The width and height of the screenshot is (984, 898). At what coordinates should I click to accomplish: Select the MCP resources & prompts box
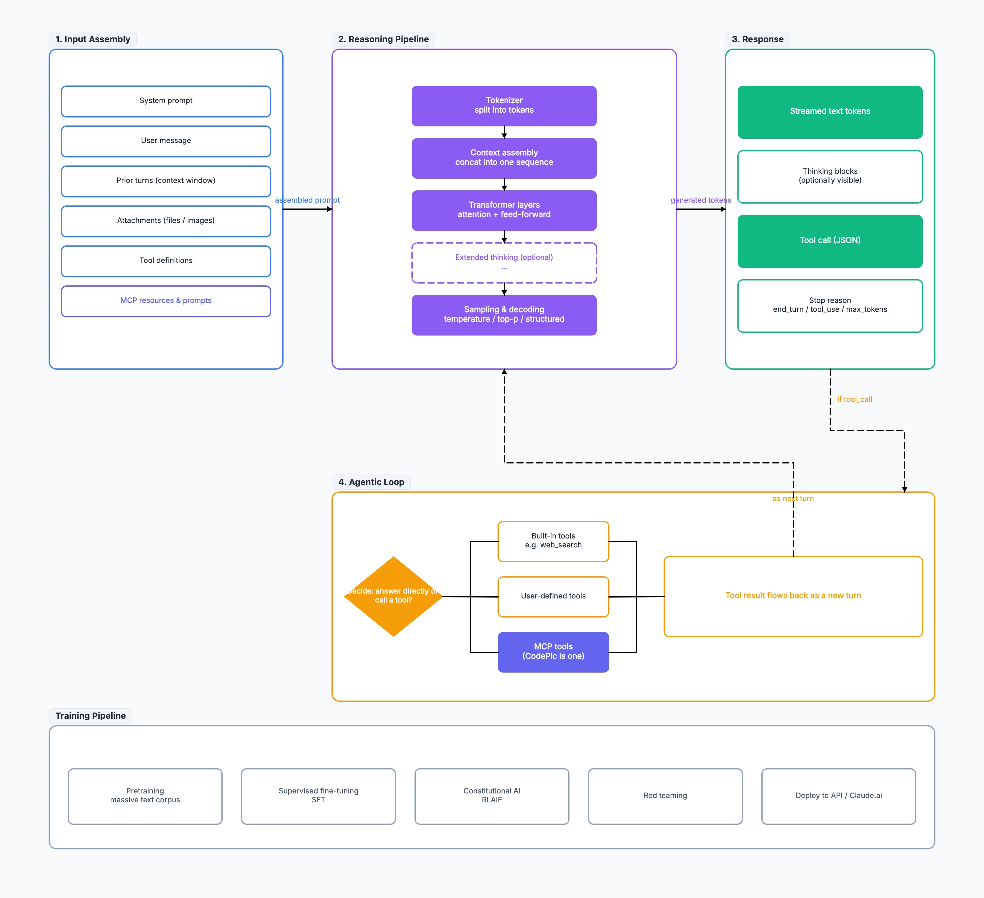(166, 301)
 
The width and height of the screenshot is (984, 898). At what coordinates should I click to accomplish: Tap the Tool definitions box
(166, 261)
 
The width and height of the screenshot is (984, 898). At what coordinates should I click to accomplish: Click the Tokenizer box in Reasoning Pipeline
(504, 106)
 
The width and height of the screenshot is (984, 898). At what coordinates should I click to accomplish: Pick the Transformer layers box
(504, 210)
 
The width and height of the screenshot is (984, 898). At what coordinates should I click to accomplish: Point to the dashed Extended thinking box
(504, 263)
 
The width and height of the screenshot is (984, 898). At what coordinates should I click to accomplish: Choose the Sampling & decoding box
(504, 315)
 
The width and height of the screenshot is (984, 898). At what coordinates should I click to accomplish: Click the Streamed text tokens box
(830, 112)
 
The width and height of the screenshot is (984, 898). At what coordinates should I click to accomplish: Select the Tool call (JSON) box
(830, 241)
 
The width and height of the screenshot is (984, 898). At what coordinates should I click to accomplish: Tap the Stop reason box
(830, 305)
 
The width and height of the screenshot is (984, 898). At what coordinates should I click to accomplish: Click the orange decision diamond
(393, 596)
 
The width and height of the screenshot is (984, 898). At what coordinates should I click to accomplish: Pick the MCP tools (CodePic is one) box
(553, 652)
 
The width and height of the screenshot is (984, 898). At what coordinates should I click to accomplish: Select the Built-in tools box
(553, 541)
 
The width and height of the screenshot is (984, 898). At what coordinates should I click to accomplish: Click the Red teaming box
(665, 796)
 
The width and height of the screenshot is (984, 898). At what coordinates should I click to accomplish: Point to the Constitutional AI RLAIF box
(491, 796)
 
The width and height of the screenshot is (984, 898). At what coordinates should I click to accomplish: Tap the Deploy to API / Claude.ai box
(839, 796)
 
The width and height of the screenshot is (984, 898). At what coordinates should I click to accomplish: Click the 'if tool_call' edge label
(854, 399)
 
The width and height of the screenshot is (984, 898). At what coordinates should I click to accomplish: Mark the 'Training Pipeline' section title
(90, 715)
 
